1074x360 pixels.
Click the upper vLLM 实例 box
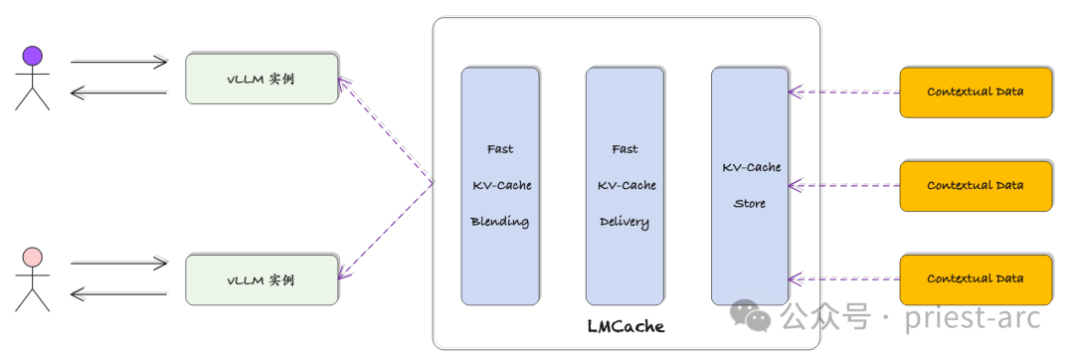pos(262,78)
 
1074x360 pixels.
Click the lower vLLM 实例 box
pos(262,280)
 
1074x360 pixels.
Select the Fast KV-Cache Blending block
pos(500,186)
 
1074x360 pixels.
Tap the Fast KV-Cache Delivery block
pos(625,186)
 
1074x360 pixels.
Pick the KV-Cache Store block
pos(750,186)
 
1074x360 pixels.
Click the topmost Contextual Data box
pos(975,91)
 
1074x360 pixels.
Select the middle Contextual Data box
pos(975,186)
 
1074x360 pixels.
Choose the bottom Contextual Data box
pos(975,279)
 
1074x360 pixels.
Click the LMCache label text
pos(626,326)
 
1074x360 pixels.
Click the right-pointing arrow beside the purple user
pos(119,62)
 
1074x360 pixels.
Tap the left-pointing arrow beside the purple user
pos(119,92)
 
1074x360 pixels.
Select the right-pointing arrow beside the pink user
pos(119,265)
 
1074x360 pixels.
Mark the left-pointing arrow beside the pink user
pos(119,294)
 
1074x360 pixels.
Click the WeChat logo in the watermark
pos(751,317)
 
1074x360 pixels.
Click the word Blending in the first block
pos(500,222)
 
